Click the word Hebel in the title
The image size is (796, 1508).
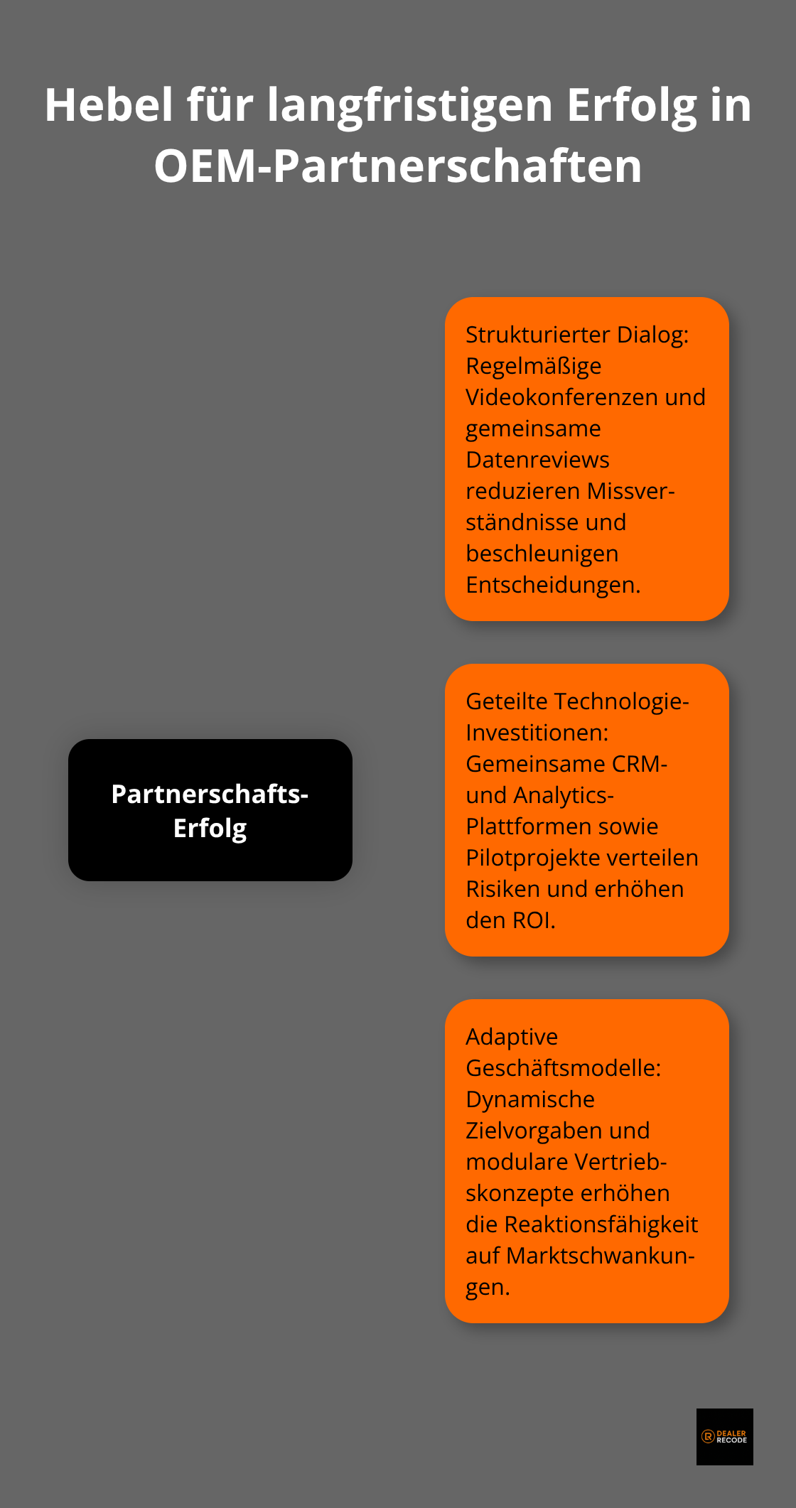pos(109,105)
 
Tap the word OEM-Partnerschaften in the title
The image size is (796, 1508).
pos(398,166)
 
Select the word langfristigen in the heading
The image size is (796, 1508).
pos(409,105)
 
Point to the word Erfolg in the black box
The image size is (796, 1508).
pos(210,828)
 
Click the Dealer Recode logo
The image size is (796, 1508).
pos(724,1436)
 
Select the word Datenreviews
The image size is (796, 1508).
pos(537,459)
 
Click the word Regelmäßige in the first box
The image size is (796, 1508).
pos(533,365)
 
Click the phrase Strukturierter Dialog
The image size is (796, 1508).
pos(576,334)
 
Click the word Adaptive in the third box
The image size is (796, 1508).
pos(512,1036)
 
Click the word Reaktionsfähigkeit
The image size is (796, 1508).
pos(601,1224)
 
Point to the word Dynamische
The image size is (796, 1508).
pos(529,1099)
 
